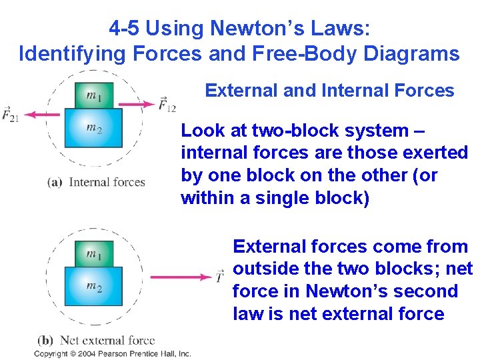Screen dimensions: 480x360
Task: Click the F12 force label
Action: (167, 104)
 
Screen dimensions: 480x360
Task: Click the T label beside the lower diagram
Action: (219, 276)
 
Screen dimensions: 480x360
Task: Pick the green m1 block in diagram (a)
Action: (94, 95)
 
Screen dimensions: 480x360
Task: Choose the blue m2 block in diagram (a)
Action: (93, 127)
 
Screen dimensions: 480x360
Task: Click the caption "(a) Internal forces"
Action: (96, 181)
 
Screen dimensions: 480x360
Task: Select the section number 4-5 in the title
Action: (125, 28)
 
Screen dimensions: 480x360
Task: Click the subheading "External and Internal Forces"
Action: (329, 90)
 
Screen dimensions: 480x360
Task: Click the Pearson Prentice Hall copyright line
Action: (113, 353)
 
